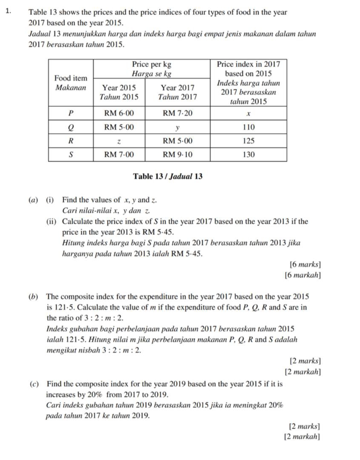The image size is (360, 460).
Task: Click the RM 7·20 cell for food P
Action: click(x=178, y=114)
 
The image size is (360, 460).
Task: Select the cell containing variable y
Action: click(x=178, y=127)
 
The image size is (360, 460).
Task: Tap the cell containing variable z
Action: click(x=119, y=140)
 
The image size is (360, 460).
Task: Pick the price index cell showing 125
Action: click(x=248, y=140)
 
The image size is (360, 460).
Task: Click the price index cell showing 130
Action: click(x=248, y=154)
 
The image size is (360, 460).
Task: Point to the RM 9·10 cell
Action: click(x=178, y=154)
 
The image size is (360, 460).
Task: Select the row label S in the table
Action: click(x=71, y=154)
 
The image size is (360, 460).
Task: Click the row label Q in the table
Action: click(x=71, y=127)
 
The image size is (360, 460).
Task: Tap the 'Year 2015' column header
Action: click(x=119, y=87)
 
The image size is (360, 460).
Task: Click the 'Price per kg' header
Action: click(x=152, y=64)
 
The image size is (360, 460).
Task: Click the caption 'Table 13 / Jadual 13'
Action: click(x=167, y=176)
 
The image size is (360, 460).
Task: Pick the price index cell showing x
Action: click(x=248, y=114)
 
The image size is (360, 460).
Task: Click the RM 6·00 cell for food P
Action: click(x=119, y=114)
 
